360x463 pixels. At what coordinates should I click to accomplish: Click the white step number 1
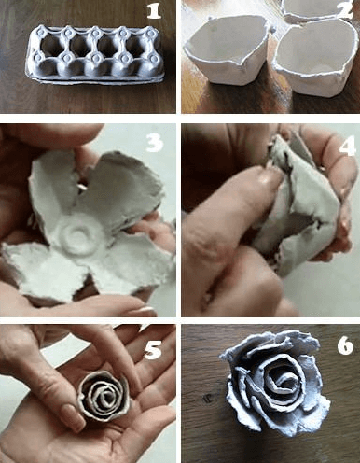point(154,11)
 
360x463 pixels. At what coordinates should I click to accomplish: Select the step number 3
point(154,144)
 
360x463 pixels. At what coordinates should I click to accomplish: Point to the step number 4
point(346,147)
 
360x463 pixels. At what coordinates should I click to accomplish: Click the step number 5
point(154,350)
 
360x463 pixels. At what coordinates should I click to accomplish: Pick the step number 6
point(345,345)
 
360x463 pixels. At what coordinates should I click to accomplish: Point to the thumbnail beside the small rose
point(72,416)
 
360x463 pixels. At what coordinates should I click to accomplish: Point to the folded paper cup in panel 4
point(298,205)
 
